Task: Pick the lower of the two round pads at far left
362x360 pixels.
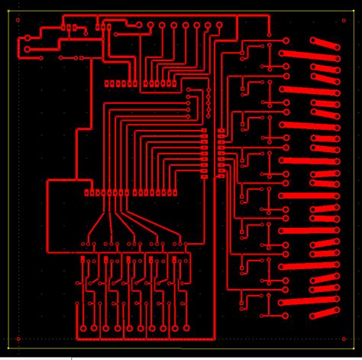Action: point(28,50)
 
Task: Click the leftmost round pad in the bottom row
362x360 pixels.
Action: point(81,331)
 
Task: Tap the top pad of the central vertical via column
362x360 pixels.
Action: point(208,90)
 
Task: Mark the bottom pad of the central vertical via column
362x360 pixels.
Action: point(208,116)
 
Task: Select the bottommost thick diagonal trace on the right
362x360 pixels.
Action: point(325,313)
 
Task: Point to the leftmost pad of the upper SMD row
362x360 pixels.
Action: point(108,83)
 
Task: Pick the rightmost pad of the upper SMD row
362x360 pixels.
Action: point(173,83)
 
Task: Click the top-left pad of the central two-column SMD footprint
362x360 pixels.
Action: point(204,131)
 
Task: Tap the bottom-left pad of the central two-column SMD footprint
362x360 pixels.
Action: point(204,176)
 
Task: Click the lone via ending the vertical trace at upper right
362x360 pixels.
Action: point(270,34)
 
